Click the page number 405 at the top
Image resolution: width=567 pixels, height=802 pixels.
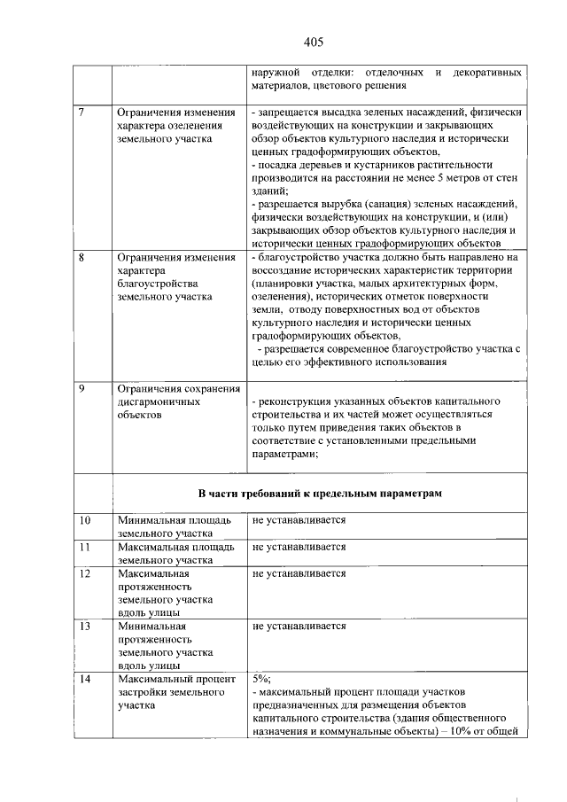pos(312,42)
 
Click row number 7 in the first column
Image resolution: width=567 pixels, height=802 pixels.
pos(82,113)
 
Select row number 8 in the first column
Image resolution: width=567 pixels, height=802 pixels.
pos(82,257)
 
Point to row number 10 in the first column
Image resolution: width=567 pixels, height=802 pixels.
pos(85,520)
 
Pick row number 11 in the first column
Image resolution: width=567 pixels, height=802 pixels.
pos(85,547)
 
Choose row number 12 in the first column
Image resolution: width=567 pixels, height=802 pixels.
pos(85,573)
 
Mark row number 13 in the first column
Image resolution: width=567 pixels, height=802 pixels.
pos(85,626)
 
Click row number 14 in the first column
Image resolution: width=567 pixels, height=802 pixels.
pos(85,679)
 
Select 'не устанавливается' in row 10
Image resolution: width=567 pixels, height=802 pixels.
pos(299,520)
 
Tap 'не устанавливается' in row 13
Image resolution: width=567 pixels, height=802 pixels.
pos(299,626)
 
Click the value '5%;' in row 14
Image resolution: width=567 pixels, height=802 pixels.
pos(263,679)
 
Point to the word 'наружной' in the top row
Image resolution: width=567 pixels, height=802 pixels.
pos(276,71)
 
